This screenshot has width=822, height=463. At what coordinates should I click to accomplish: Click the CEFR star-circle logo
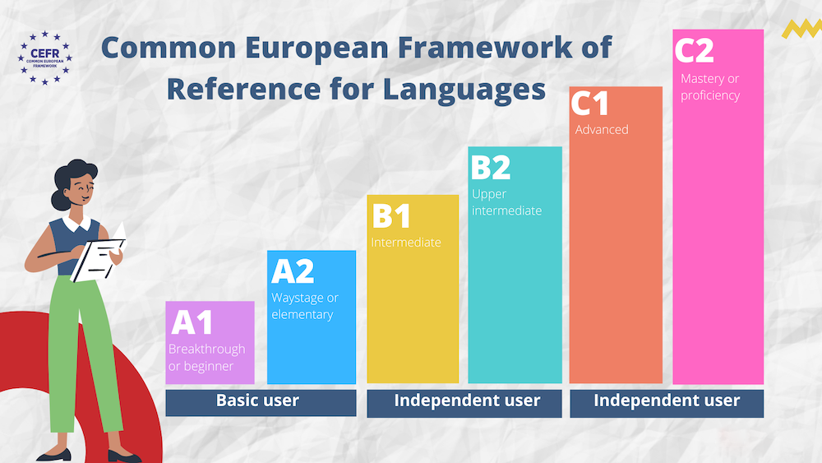click(x=44, y=58)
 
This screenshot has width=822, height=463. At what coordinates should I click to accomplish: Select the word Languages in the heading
click(x=464, y=89)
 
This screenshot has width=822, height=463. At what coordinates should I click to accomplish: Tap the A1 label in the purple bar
click(x=192, y=322)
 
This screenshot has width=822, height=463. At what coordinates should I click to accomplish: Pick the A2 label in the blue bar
click(x=293, y=271)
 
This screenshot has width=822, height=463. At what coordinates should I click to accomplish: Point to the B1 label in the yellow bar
click(x=391, y=215)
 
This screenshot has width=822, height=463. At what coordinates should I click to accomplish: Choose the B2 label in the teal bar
click(x=491, y=167)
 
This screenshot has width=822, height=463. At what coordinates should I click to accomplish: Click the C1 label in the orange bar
click(x=589, y=103)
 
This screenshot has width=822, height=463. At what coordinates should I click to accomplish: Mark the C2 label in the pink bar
click(x=694, y=50)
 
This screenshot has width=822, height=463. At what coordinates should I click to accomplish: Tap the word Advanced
click(x=602, y=129)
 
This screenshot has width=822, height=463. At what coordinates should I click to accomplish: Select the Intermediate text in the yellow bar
click(x=406, y=243)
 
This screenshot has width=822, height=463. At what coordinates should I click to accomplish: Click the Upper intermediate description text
click(x=506, y=202)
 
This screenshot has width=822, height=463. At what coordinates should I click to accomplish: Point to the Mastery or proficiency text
click(x=710, y=87)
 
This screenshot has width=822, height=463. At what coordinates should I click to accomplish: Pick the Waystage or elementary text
click(x=305, y=306)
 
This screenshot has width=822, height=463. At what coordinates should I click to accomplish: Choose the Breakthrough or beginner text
click(x=206, y=358)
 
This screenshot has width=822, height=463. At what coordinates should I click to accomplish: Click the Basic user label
click(x=257, y=400)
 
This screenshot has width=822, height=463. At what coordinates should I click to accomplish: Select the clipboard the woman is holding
click(x=99, y=257)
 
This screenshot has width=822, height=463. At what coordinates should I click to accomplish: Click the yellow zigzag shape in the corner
click(x=801, y=29)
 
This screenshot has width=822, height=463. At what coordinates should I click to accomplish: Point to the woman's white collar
click(x=77, y=220)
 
